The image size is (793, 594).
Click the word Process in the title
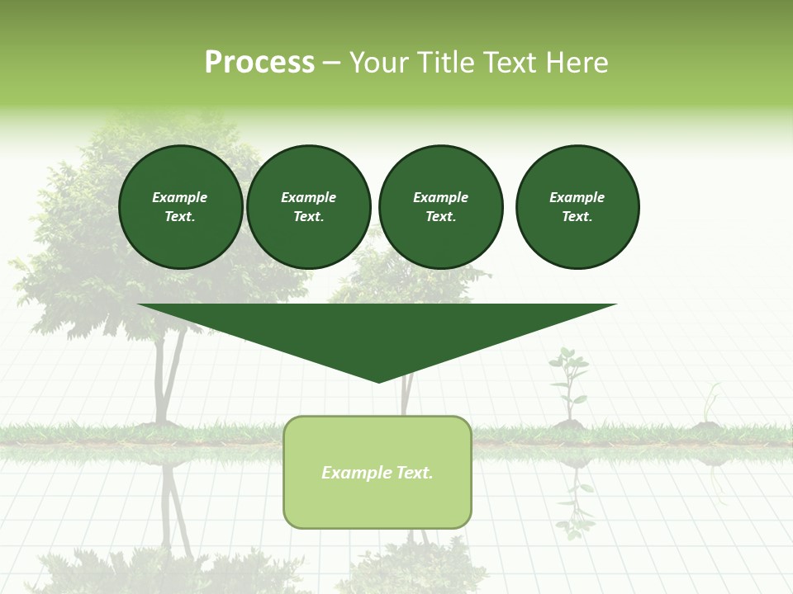click(x=259, y=63)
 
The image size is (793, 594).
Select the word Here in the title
click(x=576, y=63)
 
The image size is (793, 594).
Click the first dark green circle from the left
click(x=180, y=207)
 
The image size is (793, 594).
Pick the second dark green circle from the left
click(x=309, y=207)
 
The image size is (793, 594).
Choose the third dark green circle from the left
click(x=440, y=207)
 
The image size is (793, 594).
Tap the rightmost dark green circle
click(x=577, y=207)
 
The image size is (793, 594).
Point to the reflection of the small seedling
click(x=573, y=499)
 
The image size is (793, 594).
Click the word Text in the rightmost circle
click(x=577, y=217)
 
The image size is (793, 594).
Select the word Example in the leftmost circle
click(x=180, y=197)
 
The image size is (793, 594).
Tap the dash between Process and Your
click(x=331, y=63)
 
